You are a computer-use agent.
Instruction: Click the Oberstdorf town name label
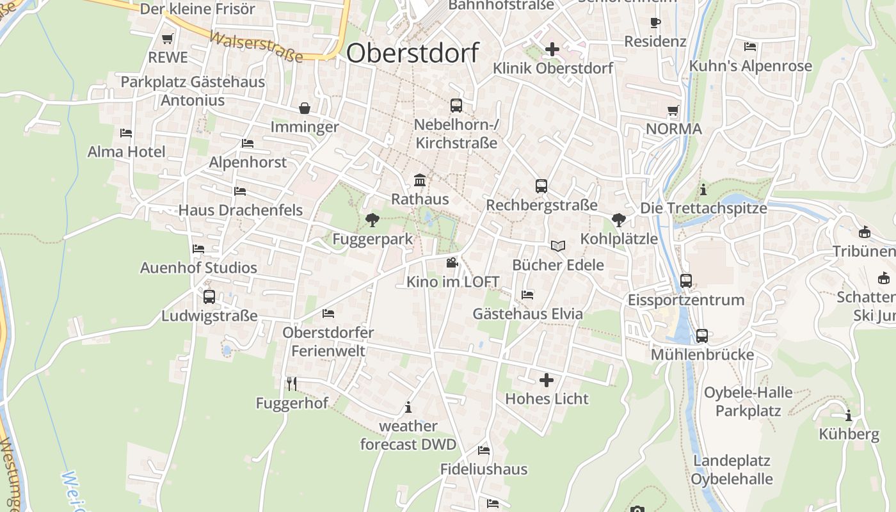(412, 52)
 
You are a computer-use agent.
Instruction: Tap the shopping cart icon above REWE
(168, 38)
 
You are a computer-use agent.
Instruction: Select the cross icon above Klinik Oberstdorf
(552, 49)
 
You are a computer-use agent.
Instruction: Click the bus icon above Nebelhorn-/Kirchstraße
(456, 106)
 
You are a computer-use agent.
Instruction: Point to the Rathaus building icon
(420, 180)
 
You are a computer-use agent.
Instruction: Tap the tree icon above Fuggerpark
(372, 220)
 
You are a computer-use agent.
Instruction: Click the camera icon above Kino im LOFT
(452, 262)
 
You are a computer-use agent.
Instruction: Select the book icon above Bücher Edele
(558, 246)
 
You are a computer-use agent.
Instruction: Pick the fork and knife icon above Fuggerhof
(292, 383)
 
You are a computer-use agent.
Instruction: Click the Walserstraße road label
(256, 47)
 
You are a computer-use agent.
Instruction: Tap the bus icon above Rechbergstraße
(541, 186)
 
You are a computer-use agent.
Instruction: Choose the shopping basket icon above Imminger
(304, 108)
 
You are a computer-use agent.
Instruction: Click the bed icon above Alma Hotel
(126, 133)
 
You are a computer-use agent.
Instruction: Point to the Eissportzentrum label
(686, 300)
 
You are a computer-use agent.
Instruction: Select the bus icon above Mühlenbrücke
(701, 335)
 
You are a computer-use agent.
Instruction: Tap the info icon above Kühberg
(849, 415)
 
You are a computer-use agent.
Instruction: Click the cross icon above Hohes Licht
(547, 380)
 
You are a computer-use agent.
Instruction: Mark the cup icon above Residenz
(655, 23)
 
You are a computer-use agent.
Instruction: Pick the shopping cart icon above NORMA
(673, 110)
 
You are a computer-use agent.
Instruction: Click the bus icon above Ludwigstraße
(209, 297)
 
